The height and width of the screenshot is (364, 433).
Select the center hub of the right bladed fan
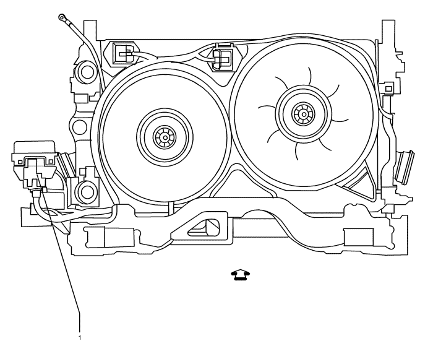pyautogui.click(x=304, y=113)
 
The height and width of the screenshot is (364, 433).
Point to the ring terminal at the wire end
pyautogui.click(x=61, y=16)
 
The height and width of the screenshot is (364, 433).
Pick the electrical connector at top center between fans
pyautogui.click(x=221, y=57)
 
